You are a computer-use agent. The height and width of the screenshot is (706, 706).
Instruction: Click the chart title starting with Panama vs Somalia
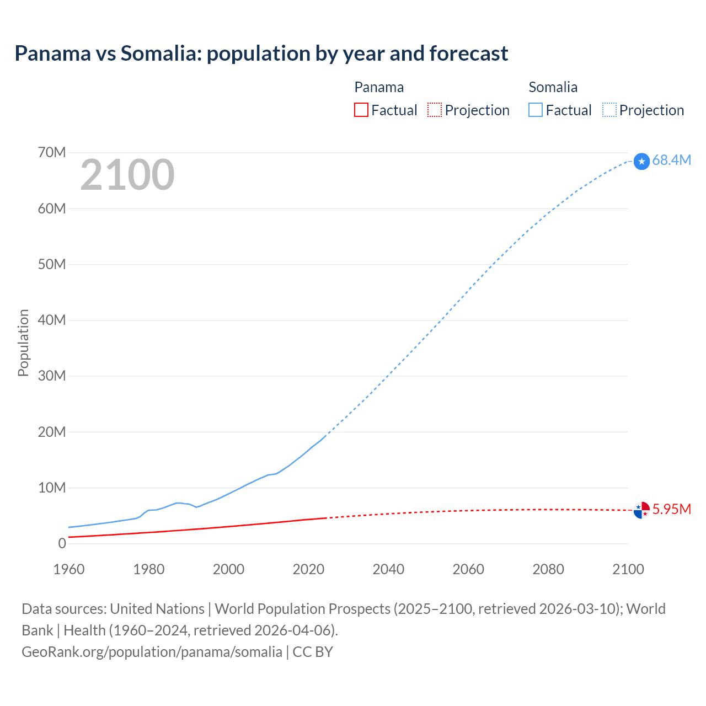point(261,54)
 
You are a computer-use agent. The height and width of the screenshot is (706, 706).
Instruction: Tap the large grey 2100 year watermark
point(127,175)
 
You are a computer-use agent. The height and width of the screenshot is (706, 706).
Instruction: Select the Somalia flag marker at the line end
point(641,161)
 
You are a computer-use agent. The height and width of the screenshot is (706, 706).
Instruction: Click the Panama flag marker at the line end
point(641,510)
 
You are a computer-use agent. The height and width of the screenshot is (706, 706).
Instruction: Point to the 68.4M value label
point(671,160)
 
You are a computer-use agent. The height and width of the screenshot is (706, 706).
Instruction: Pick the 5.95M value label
point(671,509)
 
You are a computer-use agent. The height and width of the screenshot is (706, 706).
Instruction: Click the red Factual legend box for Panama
point(361,110)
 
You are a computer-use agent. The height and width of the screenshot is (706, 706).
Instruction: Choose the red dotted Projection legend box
point(435,110)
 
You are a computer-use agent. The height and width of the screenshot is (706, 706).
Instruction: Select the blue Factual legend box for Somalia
point(536,110)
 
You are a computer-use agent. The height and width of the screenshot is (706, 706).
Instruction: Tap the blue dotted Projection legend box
point(609,110)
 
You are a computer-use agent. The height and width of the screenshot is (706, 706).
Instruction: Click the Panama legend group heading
point(379,87)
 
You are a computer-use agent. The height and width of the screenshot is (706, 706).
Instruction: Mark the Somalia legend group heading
point(553,87)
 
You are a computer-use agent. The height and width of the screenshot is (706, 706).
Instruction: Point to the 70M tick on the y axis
point(52,152)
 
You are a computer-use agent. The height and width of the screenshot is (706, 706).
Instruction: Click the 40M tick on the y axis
point(52,320)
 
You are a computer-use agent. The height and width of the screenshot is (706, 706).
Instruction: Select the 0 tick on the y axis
point(62,543)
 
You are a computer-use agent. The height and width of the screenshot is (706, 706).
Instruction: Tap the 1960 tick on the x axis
point(69,569)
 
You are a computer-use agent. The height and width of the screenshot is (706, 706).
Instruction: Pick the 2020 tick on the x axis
point(308,569)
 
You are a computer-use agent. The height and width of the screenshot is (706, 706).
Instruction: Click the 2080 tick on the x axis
point(548,569)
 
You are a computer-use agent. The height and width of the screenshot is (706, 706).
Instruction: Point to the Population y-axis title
point(23,343)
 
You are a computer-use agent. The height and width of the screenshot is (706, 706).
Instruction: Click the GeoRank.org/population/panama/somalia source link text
point(152,652)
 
